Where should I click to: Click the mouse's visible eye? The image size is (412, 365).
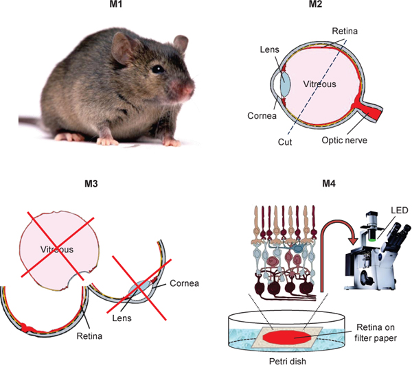pyautogui.click(x=159, y=69)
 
